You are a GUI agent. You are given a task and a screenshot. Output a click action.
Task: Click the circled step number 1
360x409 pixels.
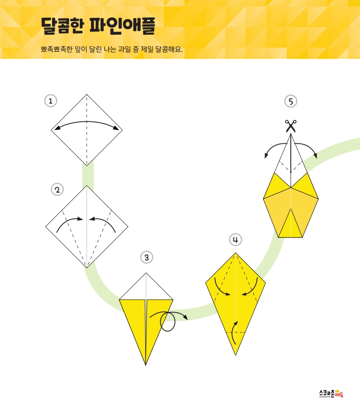coord(51,101)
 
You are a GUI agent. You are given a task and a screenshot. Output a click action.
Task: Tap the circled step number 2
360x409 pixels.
coord(57,190)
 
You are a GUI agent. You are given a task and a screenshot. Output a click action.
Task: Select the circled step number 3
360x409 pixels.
coord(146,257)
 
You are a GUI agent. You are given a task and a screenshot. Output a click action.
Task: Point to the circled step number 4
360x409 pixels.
coord(235,240)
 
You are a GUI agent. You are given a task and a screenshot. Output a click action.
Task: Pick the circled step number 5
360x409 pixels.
coord(291,101)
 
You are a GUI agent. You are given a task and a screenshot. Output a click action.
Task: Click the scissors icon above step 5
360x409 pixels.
coord(291,126)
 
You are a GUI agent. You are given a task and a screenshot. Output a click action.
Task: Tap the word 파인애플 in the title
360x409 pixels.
coord(122,26)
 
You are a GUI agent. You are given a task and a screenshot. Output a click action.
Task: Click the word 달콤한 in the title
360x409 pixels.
coord(63,26)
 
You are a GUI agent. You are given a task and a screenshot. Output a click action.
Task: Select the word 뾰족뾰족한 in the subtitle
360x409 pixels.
coord(57,49)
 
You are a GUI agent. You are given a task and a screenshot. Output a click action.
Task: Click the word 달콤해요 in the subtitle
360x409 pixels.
coord(169,49)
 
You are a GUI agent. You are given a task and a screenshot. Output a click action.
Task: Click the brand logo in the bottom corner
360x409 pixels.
coord(331,393)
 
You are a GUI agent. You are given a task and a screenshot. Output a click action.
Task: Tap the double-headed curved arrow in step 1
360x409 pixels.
coord(87,122)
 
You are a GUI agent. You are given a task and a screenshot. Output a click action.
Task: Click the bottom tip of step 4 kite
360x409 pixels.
coord(235,355)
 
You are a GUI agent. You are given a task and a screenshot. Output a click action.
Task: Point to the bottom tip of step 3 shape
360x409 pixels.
coord(146,365)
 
